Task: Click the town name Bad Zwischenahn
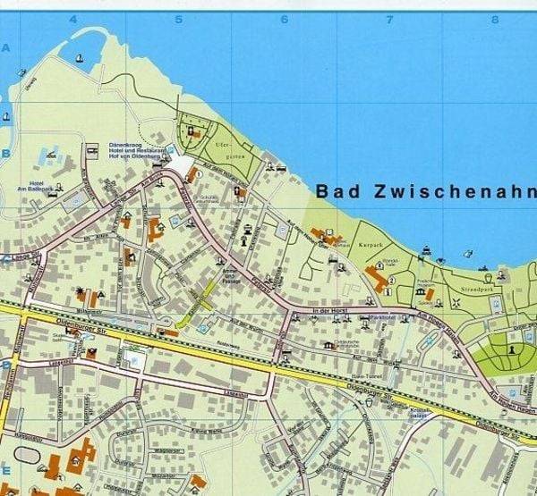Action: tap(425, 191)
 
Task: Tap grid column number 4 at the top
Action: tap(73, 19)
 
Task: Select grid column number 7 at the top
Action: tap(389, 19)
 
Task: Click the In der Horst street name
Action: tap(332, 310)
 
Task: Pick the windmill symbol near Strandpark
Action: tap(454, 301)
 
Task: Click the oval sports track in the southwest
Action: tap(27, 455)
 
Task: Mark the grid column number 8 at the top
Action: tap(494, 19)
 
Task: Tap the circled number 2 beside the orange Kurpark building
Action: tap(369, 273)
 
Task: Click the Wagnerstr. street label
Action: tap(143, 450)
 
